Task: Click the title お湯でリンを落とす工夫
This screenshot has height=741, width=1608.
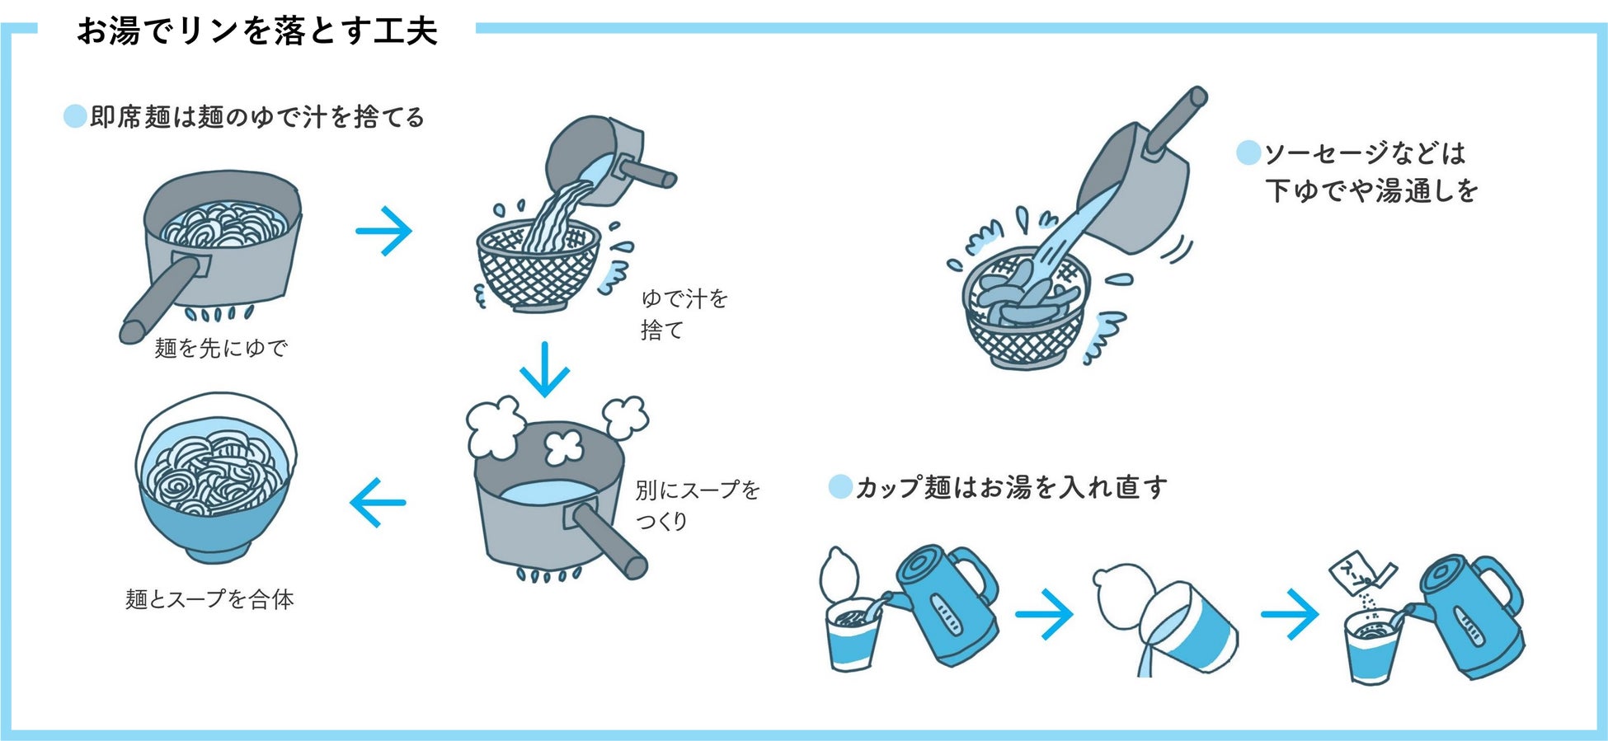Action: click(x=256, y=31)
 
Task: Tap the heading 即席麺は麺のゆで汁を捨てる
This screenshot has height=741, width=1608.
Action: click(x=256, y=117)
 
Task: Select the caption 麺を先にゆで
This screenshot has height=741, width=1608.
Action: click(x=220, y=348)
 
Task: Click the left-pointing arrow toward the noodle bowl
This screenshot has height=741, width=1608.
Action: click(x=378, y=502)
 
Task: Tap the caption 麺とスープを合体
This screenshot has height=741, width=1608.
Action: click(x=209, y=599)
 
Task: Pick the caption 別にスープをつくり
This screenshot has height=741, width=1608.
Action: click(x=696, y=505)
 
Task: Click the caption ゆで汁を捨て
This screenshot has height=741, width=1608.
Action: click(x=684, y=314)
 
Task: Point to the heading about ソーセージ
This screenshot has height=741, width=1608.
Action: click(x=1370, y=171)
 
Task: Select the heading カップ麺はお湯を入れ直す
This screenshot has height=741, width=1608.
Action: click(x=1010, y=487)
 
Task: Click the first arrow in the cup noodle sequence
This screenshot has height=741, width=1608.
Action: click(x=1044, y=614)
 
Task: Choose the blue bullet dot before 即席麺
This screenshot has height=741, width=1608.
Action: click(x=75, y=116)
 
